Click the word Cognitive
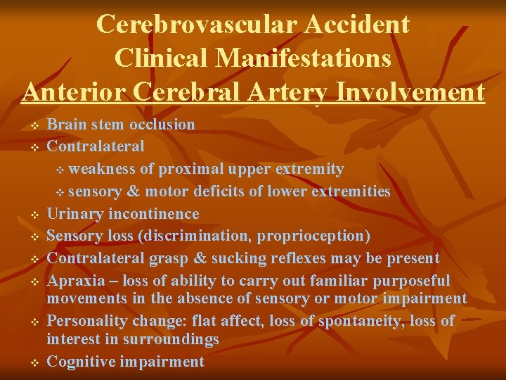[82, 362]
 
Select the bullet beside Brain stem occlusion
[34, 125]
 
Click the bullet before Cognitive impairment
[34, 362]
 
